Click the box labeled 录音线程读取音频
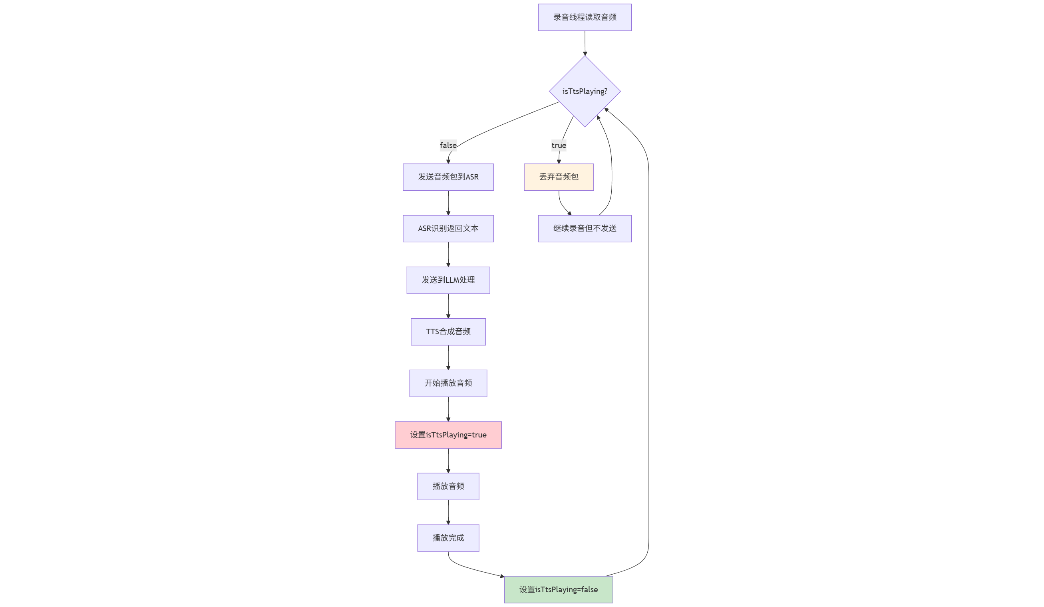point(585,18)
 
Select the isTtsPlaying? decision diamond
point(585,91)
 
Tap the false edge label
point(448,145)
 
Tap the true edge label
point(559,145)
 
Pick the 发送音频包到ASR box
point(448,177)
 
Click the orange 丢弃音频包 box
point(559,177)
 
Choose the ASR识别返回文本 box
point(448,228)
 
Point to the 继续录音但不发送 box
point(585,228)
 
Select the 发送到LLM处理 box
point(448,280)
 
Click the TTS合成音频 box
point(448,332)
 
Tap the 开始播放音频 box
point(448,383)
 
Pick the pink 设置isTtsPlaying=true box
point(448,435)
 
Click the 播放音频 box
point(448,486)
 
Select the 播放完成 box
point(448,538)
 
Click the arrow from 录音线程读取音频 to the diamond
point(585,43)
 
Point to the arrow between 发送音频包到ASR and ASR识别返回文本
point(448,203)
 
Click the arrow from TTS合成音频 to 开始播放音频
point(448,357)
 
